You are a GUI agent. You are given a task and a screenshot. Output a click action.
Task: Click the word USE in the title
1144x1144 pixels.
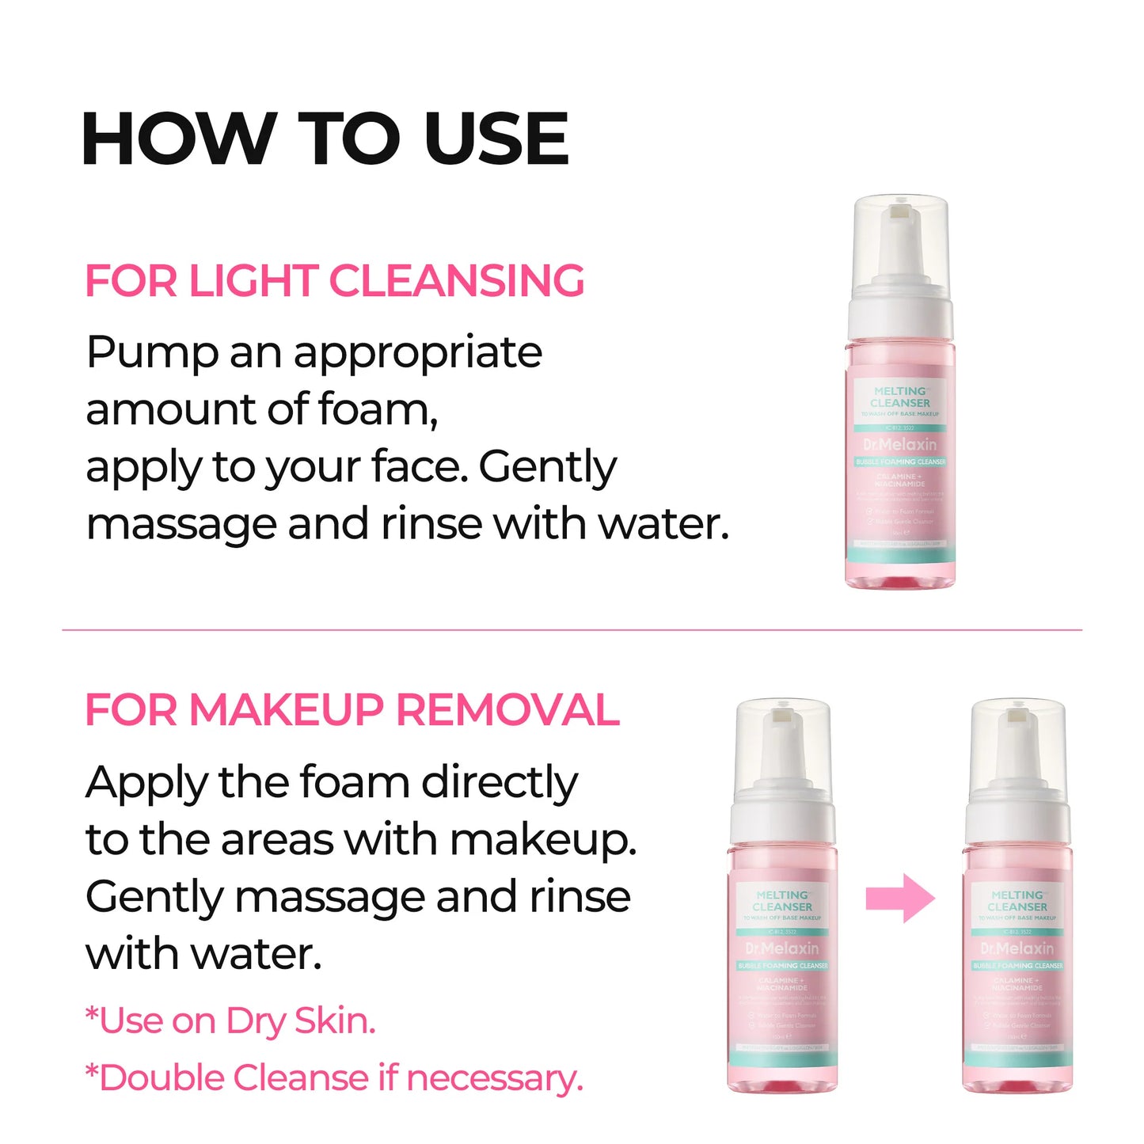point(496,139)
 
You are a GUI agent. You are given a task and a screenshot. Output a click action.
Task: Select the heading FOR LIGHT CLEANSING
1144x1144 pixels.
point(334,281)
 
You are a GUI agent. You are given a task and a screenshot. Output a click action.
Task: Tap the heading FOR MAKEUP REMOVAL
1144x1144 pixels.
point(352,709)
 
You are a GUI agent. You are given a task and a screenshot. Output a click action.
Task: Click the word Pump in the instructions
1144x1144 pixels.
point(151,353)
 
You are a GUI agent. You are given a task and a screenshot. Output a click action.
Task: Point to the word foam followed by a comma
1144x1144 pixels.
point(377,410)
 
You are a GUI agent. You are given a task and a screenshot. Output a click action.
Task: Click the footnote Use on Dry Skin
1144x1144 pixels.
point(230,1021)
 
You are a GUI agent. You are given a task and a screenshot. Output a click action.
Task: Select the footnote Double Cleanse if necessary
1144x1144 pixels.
point(334,1078)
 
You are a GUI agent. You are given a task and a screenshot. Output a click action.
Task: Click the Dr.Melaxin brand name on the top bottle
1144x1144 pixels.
point(900,445)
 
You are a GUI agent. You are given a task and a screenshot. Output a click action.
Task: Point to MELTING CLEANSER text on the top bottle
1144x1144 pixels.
point(901,397)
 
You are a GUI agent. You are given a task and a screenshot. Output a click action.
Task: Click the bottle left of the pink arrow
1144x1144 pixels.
point(782,903)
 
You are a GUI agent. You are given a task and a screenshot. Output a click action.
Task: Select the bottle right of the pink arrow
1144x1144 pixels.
point(1017,903)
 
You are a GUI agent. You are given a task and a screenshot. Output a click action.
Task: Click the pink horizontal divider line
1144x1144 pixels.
point(572,630)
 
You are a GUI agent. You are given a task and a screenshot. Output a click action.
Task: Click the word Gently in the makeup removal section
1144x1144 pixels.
point(154,898)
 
